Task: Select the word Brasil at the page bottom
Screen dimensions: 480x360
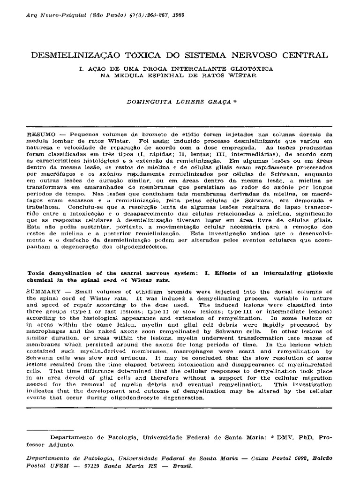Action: click(x=181, y=466)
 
